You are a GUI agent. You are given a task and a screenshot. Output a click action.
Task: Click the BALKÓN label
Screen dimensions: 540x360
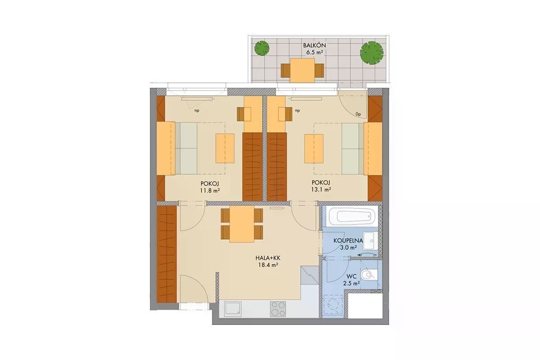pyautogui.click(x=315, y=45)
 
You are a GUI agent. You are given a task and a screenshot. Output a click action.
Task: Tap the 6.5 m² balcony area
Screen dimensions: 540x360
pyautogui.click(x=315, y=52)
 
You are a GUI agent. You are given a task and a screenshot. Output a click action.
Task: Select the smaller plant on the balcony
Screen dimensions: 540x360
pyautogui.click(x=262, y=48)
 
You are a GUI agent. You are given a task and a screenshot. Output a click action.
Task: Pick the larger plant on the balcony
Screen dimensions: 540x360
pyautogui.click(x=372, y=53)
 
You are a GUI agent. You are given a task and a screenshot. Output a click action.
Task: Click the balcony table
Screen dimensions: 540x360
pyautogui.click(x=302, y=70)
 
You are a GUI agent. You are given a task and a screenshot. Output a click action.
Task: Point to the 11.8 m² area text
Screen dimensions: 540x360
pyautogui.click(x=210, y=190)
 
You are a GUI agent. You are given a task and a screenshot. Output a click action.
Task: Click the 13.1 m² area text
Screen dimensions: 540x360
pyautogui.click(x=321, y=189)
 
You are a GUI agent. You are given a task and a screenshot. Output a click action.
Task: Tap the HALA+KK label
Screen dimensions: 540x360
pyautogui.click(x=268, y=258)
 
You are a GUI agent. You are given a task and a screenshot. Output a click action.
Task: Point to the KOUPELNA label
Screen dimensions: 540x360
pyautogui.click(x=348, y=240)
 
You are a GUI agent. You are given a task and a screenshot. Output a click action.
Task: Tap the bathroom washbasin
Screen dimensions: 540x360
pyautogui.click(x=369, y=240)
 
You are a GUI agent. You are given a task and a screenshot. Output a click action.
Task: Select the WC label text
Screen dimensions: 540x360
pyautogui.click(x=351, y=277)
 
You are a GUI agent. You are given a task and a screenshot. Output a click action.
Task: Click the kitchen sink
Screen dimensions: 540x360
pyautogui.click(x=233, y=309)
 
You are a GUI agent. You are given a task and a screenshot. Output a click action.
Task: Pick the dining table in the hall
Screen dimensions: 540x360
pyautogui.click(x=242, y=224)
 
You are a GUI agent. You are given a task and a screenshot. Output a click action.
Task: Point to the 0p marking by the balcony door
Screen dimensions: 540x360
pyautogui.click(x=358, y=114)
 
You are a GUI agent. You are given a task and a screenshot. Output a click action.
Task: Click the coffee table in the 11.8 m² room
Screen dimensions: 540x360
pyautogui.click(x=225, y=148)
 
